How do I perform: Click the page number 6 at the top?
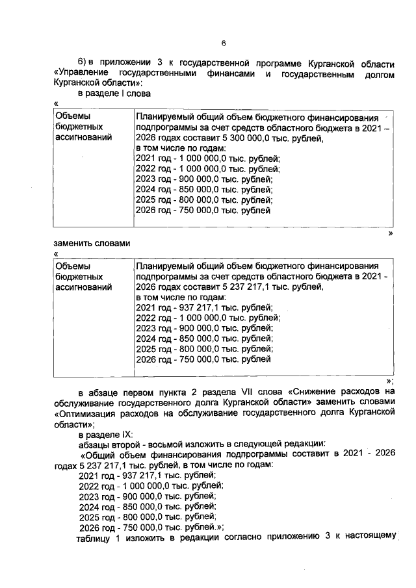pyautogui.click(x=222, y=44)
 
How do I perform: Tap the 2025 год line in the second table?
pyautogui.click(x=204, y=349)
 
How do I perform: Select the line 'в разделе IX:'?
pyautogui.click(x=105, y=433)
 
